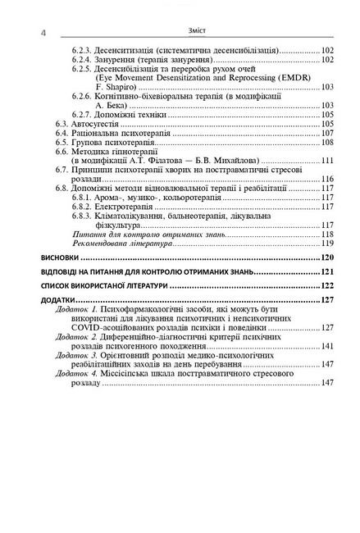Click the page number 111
(x=326, y=160)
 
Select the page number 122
(x=326, y=285)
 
